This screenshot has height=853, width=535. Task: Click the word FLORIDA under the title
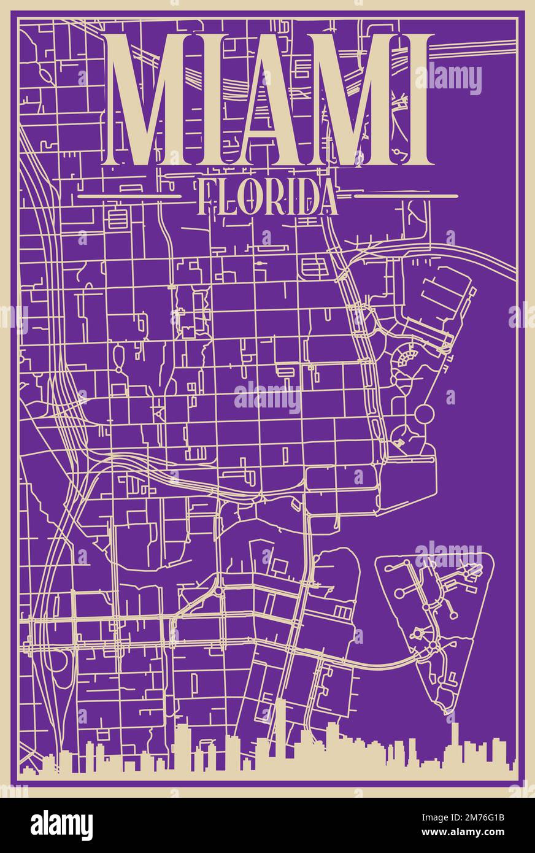pos(269,197)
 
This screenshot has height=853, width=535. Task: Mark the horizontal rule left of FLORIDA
pos(129,197)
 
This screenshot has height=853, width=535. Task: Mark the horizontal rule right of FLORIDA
pos(406,196)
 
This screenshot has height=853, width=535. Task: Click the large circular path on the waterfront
pos(423,414)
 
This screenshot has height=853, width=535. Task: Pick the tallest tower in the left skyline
pos(280,733)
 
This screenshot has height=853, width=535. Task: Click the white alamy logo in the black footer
pos(61,825)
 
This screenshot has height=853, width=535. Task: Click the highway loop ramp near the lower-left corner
pos(59,669)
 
